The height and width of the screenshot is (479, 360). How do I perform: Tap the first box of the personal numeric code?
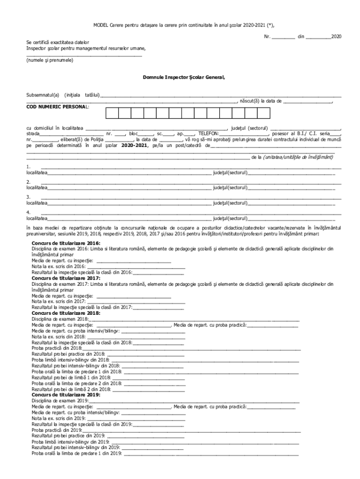tap(112, 113)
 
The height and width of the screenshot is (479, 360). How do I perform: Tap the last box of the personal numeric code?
tap(264, 113)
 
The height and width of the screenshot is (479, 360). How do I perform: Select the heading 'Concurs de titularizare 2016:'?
tap(66, 244)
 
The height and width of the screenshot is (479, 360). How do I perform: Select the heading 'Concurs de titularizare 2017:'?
tap(66, 278)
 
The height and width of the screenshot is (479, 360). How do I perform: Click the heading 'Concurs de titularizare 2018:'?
tap(66, 312)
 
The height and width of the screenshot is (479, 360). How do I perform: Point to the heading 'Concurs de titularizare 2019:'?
tap(66, 395)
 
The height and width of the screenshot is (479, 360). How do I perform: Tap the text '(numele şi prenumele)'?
tap(50, 60)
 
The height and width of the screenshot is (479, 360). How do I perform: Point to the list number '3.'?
tap(29, 196)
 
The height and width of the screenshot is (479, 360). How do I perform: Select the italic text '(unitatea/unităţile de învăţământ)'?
tap(299, 157)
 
